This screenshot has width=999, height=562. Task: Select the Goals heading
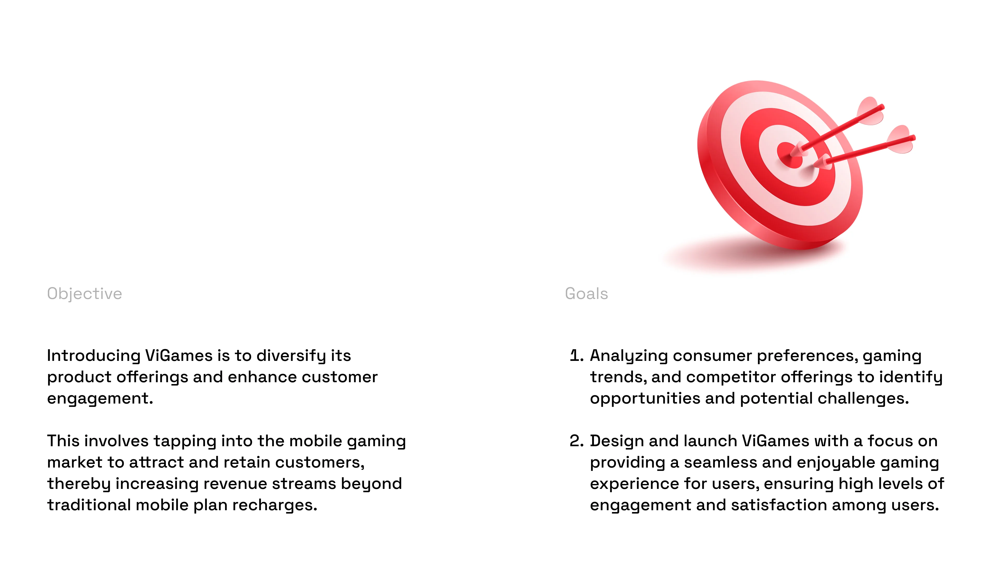point(586,293)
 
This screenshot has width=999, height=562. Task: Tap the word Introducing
point(93,356)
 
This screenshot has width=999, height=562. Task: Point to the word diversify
point(291,356)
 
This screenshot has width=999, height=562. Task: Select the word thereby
point(79,484)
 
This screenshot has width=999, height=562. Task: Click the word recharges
point(274,505)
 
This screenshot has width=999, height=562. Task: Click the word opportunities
point(645,399)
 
